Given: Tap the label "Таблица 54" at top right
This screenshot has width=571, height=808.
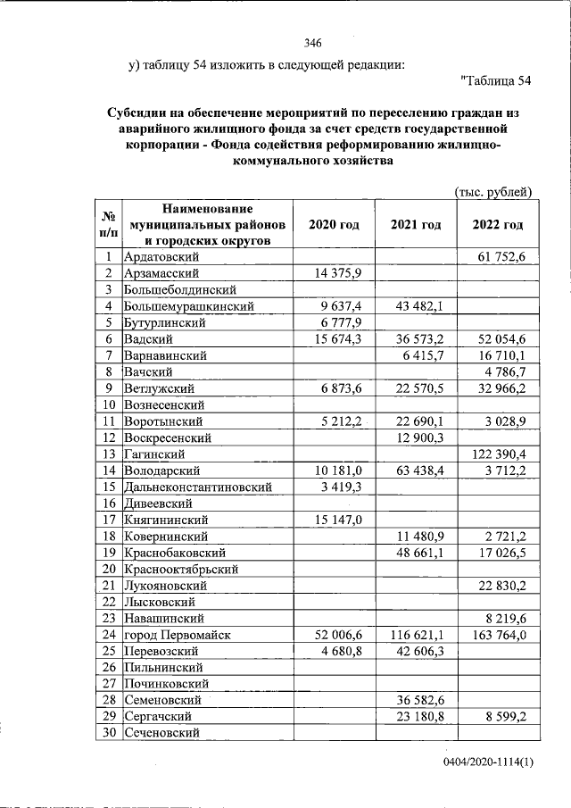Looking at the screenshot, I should click(495, 82).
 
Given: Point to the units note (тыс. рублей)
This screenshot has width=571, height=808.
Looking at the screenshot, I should click(492, 191).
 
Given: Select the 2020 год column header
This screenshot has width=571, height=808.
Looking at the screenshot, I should click(334, 225).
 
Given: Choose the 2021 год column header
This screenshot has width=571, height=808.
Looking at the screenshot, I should click(416, 225).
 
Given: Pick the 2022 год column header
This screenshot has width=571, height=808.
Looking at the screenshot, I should click(497, 225).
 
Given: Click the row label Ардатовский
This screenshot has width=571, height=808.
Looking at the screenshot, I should click(167, 257).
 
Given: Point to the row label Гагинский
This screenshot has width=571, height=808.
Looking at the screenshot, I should click(155, 454).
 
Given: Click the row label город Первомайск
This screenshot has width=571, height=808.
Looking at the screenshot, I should click(178, 634).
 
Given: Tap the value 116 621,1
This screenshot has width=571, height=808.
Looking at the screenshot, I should click(418, 634).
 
